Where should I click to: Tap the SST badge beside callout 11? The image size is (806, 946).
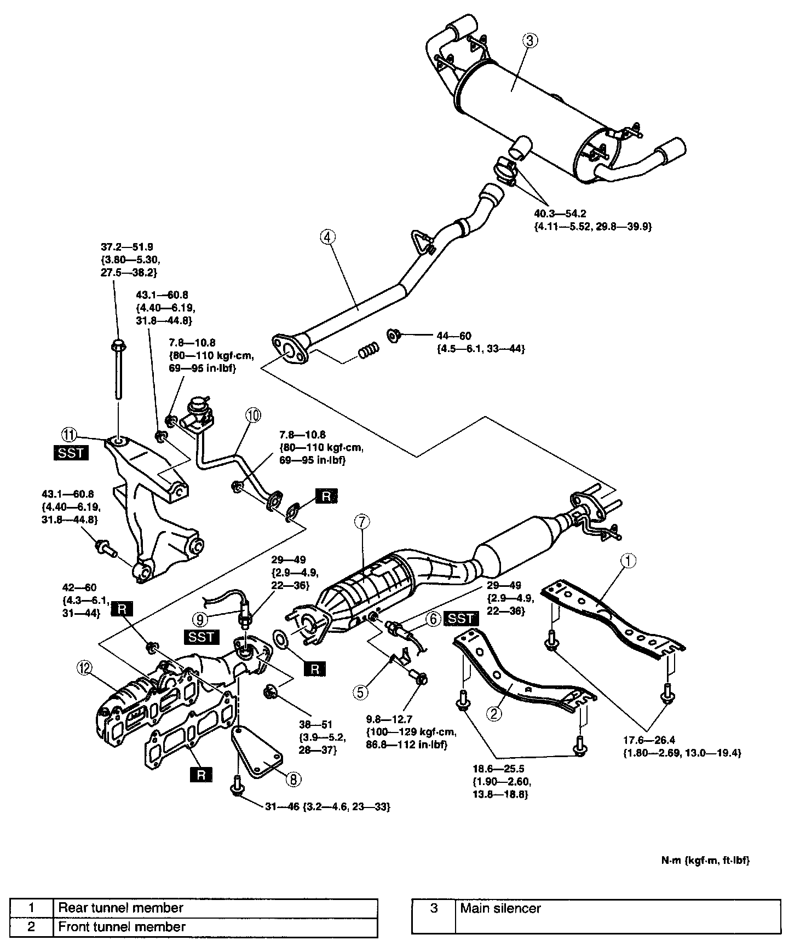point(72,453)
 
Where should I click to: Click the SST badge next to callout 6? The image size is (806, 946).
point(462,619)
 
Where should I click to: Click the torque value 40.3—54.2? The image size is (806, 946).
point(560,215)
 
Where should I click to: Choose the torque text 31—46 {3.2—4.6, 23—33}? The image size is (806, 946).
point(327,806)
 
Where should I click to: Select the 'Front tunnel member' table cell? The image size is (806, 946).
point(215,926)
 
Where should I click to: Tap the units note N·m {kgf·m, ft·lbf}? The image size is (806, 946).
point(705,860)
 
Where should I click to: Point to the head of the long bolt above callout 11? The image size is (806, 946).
point(118,345)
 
